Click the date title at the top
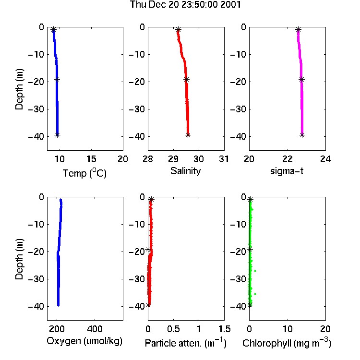(x=185, y=5)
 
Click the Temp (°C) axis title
(x=84, y=173)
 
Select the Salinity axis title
(x=185, y=171)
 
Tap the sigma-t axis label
(x=287, y=171)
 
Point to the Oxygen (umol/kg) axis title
(x=84, y=341)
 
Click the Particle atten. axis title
(x=185, y=343)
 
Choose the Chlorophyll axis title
(x=287, y=343)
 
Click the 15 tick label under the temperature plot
(x=91, y=159)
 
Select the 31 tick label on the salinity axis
(x=224, y=159)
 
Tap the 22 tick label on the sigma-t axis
(x=288, y=159)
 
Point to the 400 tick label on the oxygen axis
(x=95, y=329)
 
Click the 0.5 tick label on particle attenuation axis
(x=173, y=329)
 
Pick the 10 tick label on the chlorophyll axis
(x=288, y=329)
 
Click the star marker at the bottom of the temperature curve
(x=58, y=135)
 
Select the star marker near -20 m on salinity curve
(x=186, y=79)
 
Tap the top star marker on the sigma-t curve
(x=298, y=30)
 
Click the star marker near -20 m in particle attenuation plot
(x=148, y=250)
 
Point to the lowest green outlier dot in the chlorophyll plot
(x=255, y=294)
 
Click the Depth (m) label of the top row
(x=19, y=89)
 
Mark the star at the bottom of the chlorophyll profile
(x=250, y=305)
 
